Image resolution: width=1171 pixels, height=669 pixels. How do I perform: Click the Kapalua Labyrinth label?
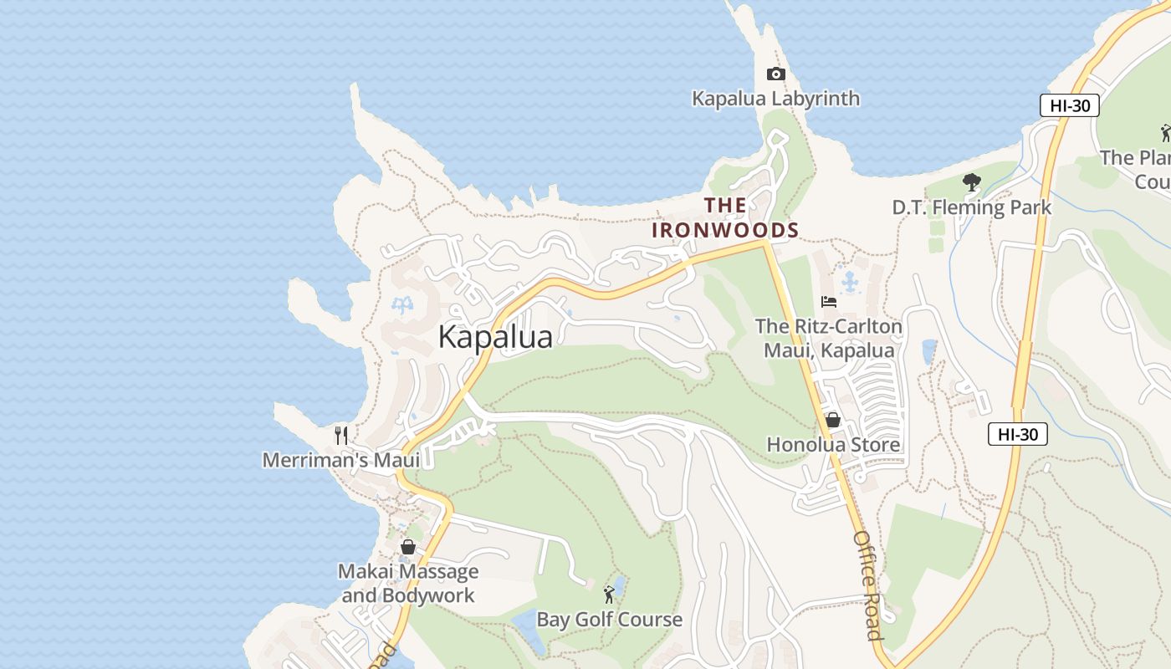[x=775, y=99]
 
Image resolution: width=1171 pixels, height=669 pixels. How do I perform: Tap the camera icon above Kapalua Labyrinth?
[x=775, y=74]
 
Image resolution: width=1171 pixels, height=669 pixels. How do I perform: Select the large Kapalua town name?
[x=495, y=337]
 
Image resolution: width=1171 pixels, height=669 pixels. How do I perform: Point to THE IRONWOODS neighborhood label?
[x=725, y=217]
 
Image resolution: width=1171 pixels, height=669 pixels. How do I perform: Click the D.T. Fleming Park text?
[x=971, y=207]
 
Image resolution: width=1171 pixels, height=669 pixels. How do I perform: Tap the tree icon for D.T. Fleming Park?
[x=971, y=181]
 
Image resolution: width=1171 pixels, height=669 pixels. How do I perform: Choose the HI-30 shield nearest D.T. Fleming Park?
[x=1069, y=106]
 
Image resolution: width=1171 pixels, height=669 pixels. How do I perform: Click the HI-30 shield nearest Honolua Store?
[x=1017, y=434]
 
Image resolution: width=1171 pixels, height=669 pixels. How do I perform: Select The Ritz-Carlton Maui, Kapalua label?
[x=829, y=338]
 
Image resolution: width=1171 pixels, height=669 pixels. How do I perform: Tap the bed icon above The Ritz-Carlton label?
[x=829, y=302]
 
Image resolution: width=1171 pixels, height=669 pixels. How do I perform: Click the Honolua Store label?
[x=833, y=444]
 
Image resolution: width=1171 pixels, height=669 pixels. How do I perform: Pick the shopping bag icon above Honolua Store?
[x=833, y=420]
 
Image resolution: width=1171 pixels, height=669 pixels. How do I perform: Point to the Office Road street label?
[x=868, y=585]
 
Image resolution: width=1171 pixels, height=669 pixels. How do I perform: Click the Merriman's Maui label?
[x=341, y=460]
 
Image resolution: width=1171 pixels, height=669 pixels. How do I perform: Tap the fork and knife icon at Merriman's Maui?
[x=341, y=435]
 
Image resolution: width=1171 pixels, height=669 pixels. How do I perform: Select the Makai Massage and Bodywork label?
[x=408, y=583]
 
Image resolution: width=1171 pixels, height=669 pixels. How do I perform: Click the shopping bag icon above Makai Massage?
[x=408, y=547]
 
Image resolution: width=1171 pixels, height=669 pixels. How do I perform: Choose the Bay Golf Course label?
[x=609, y=620]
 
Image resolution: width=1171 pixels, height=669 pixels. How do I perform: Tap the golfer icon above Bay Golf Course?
[x=609, y=595]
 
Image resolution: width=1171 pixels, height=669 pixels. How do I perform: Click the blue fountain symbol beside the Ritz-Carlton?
[x=851, y=282]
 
